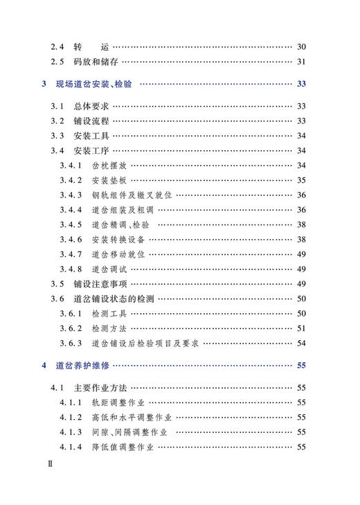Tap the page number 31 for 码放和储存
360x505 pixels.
(x=301, y=61)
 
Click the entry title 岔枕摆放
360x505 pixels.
(x=109, y=166)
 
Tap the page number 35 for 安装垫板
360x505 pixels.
(x=301, y=180)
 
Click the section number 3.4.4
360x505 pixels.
(x=71, y=210)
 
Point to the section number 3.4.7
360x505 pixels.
(x=71, y=254)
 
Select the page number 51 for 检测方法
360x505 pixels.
(x=301, y=328)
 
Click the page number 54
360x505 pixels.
(x=301, y=343)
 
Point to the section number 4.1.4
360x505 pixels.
(x=71, y=447)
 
